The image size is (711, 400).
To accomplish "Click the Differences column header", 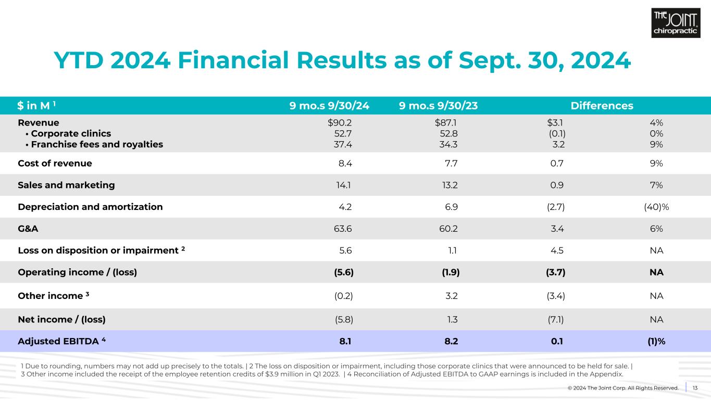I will tap(602, 106).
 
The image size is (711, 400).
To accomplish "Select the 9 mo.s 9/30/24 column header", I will tap(329, 106).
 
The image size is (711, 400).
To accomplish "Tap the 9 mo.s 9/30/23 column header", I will tap(438, 106).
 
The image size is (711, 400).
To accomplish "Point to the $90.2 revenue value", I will tap(340, 123).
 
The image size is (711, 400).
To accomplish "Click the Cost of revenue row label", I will tap(55, 163).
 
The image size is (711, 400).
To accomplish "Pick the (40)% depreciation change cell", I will tap(656, 207).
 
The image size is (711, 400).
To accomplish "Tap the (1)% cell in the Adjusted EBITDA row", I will tap(656, 342).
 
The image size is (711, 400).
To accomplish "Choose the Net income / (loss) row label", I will tap(65, 319).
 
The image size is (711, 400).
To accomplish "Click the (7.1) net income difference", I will tap(554, 319).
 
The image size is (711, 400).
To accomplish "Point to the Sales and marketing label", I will tap(66, 185).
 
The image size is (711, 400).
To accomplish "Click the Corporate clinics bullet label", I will tap(68, 134).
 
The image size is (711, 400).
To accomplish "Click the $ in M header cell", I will tap(36, 106).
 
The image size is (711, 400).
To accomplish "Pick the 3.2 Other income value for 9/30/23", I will tap(451, 296).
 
